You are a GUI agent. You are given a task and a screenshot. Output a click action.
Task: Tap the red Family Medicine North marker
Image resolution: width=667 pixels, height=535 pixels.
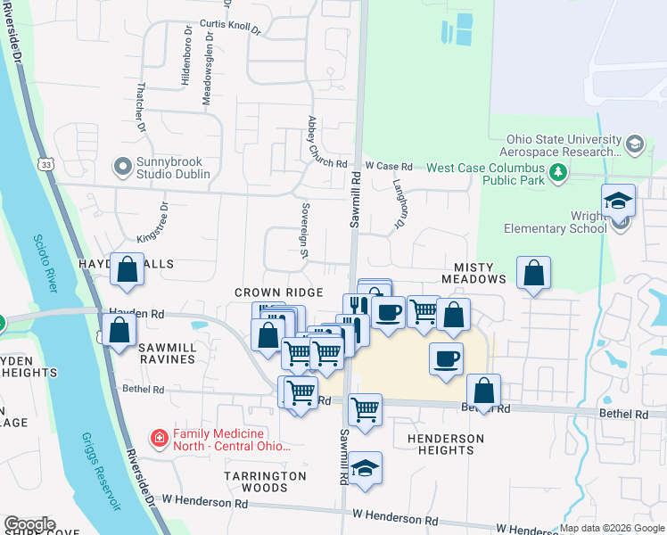coord(159,439)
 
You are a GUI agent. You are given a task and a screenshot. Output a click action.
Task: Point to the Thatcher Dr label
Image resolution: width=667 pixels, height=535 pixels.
coord(141,108)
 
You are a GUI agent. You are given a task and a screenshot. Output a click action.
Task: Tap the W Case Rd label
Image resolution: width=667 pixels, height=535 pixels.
coord(389,167)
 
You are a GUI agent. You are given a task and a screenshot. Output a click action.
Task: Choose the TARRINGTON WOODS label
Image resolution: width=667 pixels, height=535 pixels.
coord(265,481)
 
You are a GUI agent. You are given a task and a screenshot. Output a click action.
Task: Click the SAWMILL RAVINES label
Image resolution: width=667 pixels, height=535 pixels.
coord(166,359)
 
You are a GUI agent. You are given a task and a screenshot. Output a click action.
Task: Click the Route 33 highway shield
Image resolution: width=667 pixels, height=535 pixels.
coord(45,164)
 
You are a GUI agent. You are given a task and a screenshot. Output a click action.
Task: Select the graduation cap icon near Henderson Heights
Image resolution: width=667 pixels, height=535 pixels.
coord(365,468)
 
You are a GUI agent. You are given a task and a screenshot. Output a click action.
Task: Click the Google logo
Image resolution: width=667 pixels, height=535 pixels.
coord(29,524)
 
